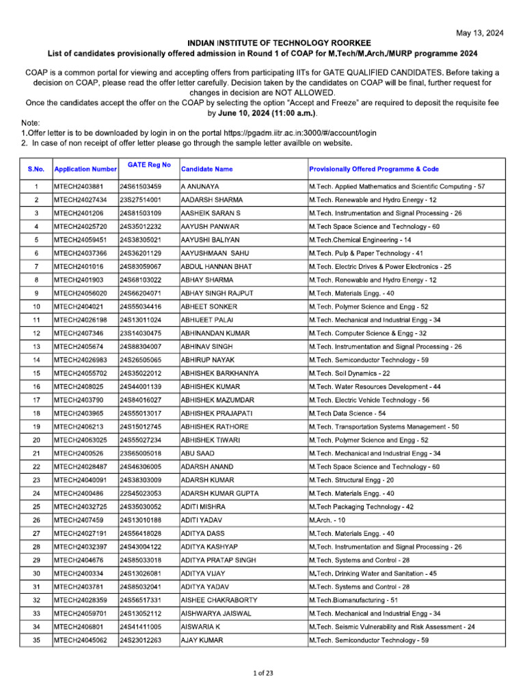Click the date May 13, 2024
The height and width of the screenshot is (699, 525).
(x=480, y=33)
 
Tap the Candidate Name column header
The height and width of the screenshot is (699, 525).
(x=206, y=169)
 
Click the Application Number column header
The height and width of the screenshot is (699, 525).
(x=85, y=169)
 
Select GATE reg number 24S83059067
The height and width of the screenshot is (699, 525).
(x=141, y=266)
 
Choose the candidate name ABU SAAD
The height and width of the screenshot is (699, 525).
(x=199, y=453)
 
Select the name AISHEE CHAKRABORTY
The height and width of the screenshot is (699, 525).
(x=219, y=600)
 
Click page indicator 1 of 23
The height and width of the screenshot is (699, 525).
(x=262, y=674)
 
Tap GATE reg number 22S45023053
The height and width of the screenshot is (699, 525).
(x=141, y=494)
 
